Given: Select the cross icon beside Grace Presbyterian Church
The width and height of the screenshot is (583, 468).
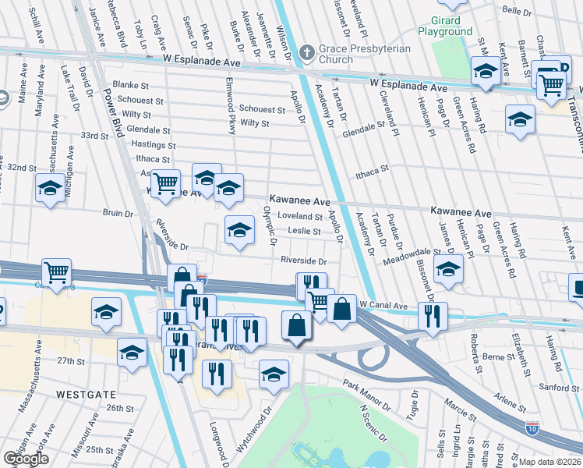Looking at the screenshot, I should tap(307, 53).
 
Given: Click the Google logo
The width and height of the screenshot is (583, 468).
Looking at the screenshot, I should tap(26, 458).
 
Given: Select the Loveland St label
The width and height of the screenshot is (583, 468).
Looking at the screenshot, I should tap(300, 216).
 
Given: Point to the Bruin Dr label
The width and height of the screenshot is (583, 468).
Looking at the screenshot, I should tap(118, 212).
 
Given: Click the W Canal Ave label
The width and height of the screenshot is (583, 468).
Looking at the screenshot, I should tap(383, 307).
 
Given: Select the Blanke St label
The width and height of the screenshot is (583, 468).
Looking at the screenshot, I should tap(125, 84).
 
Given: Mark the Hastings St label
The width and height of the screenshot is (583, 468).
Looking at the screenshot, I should tap(149, 144).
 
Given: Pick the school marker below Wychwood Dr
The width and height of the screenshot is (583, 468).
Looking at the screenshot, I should tap(274, 374).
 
